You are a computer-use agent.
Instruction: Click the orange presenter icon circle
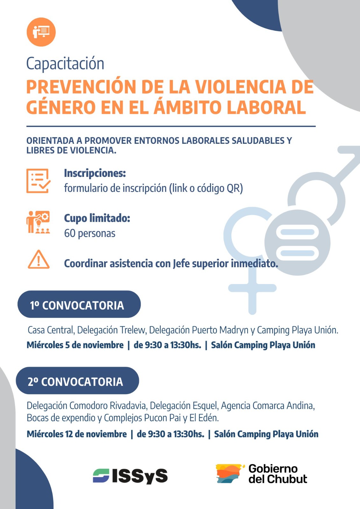[41, 32]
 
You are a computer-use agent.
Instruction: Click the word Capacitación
[65, 64]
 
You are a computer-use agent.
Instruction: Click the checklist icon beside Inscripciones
[38, 181]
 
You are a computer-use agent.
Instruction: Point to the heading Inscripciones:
[95, 173]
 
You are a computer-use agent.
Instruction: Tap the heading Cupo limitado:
[97, 218]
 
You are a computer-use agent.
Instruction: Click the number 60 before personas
[70, 233]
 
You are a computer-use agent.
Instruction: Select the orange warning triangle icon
[39, 260]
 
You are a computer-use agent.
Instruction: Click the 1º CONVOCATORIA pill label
[79, 304]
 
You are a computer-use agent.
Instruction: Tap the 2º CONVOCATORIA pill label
[77, 381]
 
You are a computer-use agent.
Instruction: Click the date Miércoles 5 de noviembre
[75, 345]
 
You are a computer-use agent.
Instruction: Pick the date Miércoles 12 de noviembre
[77, 434]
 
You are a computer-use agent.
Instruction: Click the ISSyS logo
[130, 476]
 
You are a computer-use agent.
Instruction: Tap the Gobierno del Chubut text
[278, 474]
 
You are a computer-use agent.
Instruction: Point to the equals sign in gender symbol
[297, 242]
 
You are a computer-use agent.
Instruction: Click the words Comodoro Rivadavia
[108, 406]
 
